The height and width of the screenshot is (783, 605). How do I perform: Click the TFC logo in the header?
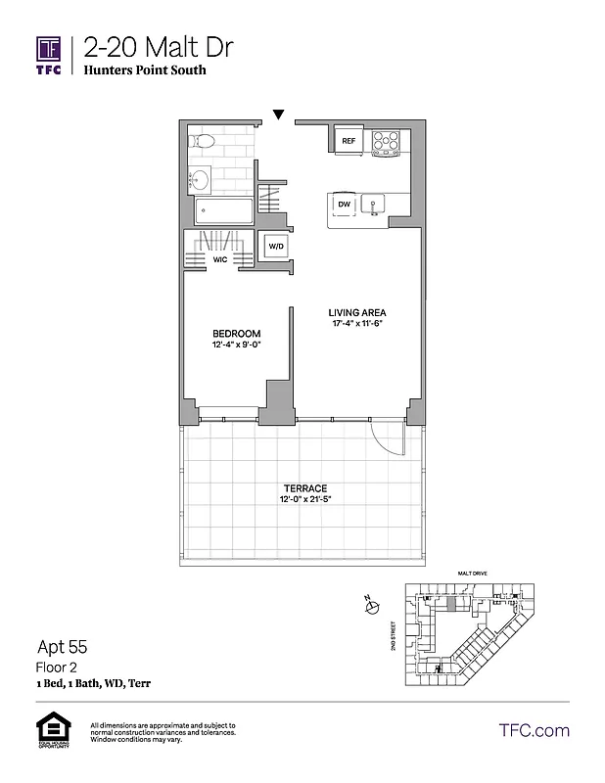point(49,55)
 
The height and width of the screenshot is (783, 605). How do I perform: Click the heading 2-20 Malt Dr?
point(158,47)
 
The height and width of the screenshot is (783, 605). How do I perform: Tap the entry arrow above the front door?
point(279,115)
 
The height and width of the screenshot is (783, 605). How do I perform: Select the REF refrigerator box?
point(349,141)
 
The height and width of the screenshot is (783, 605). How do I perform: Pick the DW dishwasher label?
point(344,204)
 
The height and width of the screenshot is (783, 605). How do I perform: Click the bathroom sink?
point(200,179)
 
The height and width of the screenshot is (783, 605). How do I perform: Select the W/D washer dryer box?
point(275,248)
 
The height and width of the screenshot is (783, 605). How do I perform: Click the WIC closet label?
point(220,260)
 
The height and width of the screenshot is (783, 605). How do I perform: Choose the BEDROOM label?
point(236,334)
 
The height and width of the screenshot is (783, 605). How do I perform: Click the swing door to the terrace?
point(389,438)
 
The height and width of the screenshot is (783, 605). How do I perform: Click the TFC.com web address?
point(534,730)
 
